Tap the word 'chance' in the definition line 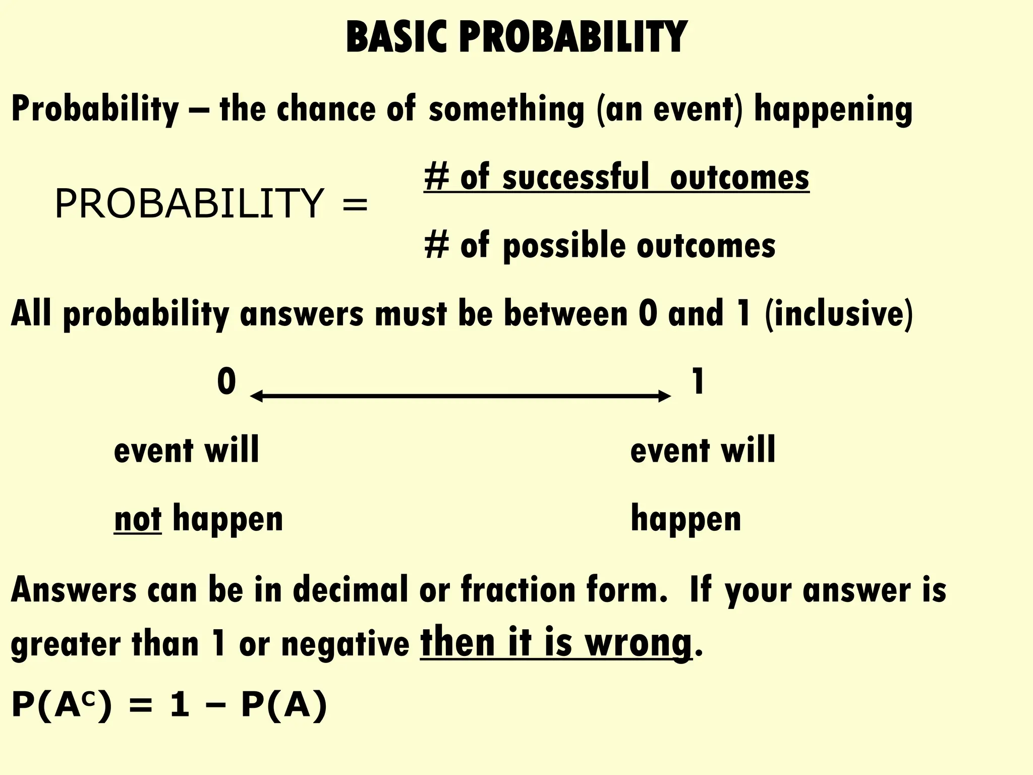coord(326,109)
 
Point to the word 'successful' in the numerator coord(576,178)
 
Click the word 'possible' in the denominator coord(563,246)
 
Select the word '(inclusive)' coord(839,314)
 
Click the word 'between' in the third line coord(565,314)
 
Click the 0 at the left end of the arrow coord(226,382)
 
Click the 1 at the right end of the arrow coord(698,382)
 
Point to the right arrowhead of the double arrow coord(665,397)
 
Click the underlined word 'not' coord(138,520)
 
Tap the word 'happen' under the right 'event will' coord(685,520)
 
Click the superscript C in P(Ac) coord(88,700)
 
